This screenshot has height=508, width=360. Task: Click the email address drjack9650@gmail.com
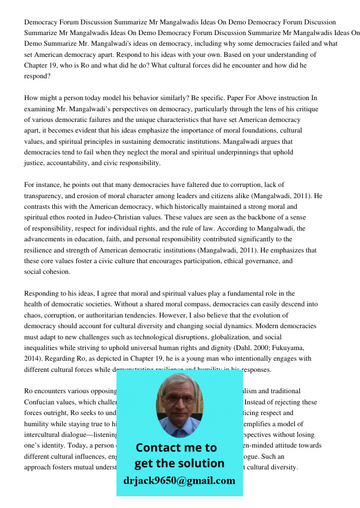pyautogui.click(x=179, y=481)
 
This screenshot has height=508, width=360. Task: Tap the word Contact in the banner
pyautogui.click(x=158, y=448)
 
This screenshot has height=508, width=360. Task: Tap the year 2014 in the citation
pyautogui.click(x=32, y=359)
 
